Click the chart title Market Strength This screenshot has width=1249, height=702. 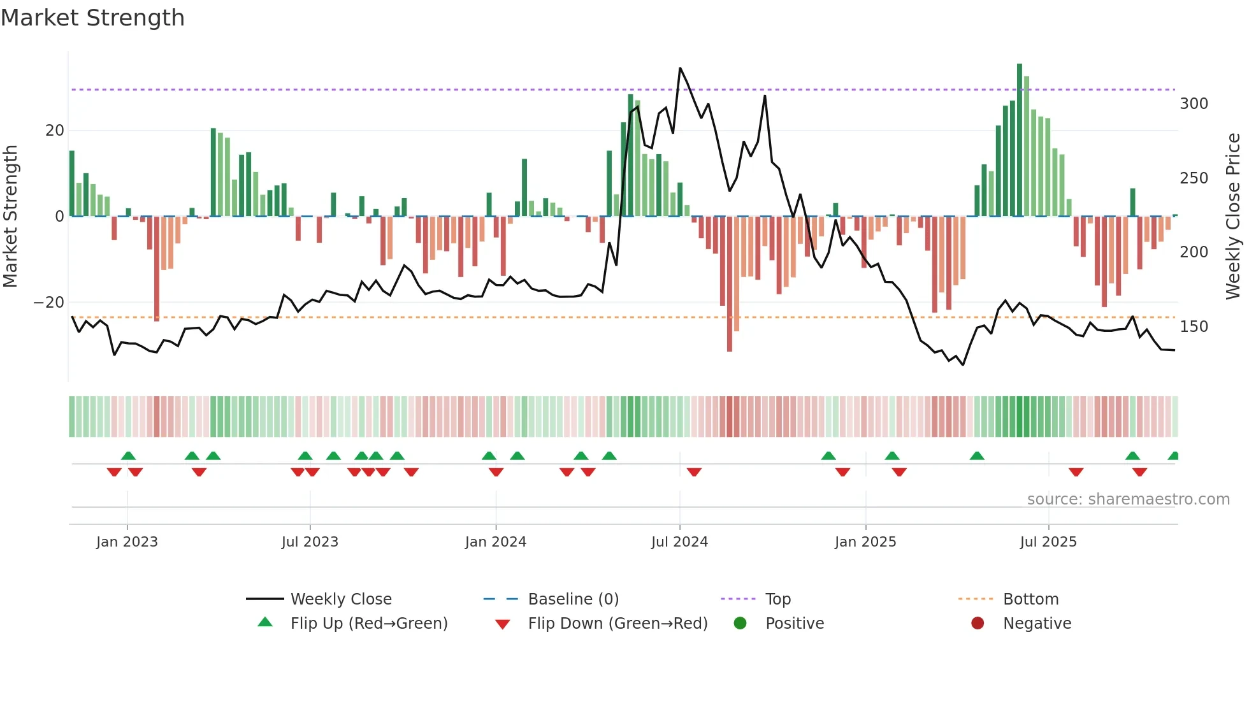93,18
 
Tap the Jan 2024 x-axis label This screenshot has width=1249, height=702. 495,542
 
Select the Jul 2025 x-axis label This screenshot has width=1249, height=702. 1048,542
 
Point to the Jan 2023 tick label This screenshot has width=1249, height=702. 127,542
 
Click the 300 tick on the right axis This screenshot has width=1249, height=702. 1193,104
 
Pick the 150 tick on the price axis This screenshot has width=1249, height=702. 1193,327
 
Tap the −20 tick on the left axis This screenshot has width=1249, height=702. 49,303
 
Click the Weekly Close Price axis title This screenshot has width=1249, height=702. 1233,217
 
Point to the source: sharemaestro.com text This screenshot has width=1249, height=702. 1128,499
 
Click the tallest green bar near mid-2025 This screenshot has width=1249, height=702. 1020,140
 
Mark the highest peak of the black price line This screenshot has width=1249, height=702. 680,68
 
